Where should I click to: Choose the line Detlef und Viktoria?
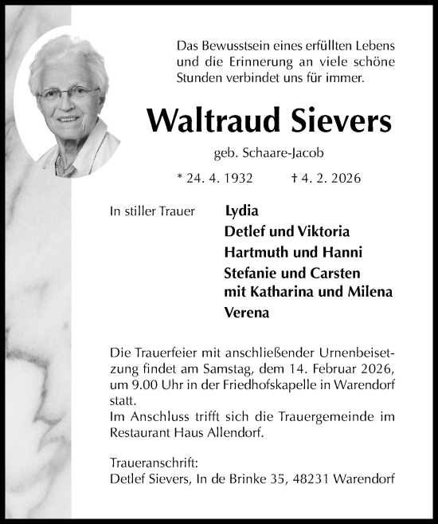[x=287, y=232]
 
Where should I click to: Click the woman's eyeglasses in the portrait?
[x=67, y=94]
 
